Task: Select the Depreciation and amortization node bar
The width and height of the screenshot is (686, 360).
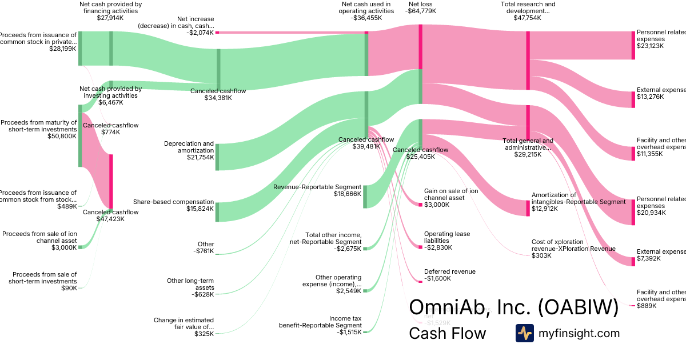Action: click(x=217, y=157)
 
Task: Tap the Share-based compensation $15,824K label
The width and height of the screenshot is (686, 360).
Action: click(x=174, y=206)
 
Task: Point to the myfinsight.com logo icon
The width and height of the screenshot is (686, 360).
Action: click(x=524, y=333)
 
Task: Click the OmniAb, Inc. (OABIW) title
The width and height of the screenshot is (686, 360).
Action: click(x=513, y=308)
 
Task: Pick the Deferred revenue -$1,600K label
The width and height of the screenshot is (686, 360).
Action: click(x=449, y=275)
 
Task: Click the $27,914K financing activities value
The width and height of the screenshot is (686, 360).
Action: click(x=111, y=18)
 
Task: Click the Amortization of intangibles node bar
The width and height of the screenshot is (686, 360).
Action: click(x=528, y=208)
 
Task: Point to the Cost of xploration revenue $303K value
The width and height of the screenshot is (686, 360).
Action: click(x=541, y=255)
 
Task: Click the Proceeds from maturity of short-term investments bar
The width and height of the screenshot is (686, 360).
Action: click(x=80, y=136)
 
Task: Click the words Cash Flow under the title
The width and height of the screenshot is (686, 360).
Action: click(x=447, y=333)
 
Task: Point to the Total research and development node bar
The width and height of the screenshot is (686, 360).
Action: click(x=528, y=60)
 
